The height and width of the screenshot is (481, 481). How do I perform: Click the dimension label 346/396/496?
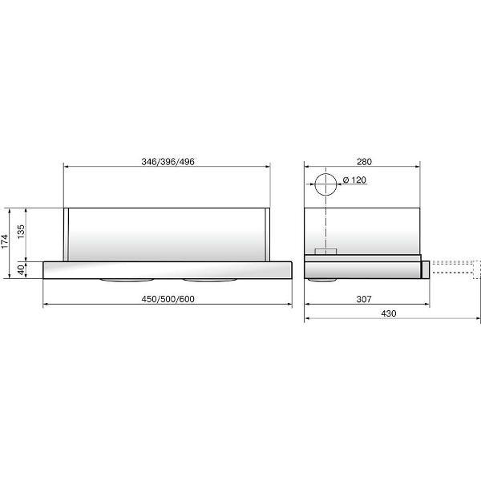point(168,162)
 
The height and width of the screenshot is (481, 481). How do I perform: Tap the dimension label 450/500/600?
point(168,299)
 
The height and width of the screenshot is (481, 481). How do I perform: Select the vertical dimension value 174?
point(5,242)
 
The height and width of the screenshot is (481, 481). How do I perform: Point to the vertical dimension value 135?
point(21,232)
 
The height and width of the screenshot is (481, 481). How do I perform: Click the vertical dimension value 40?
point(21,270)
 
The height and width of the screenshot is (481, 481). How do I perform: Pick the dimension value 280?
point(364,162)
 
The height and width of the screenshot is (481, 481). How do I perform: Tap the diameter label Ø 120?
point(354,180)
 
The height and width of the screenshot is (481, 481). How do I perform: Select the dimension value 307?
point(364,299)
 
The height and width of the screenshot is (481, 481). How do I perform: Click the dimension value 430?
point(389,313)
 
